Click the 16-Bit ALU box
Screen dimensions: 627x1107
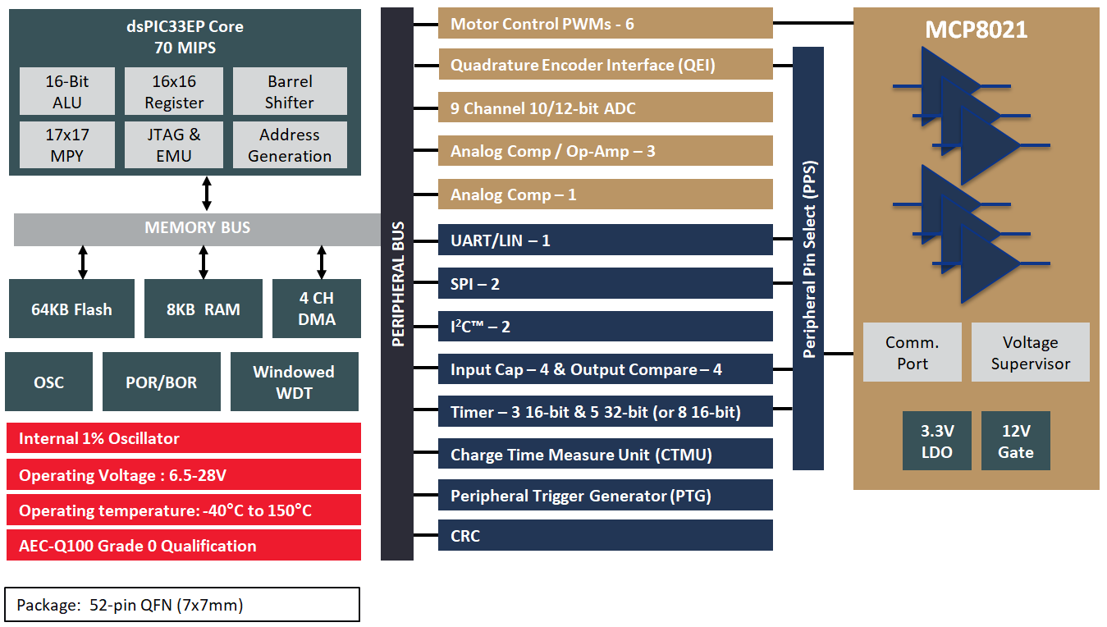(67, 91)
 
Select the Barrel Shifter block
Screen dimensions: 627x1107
(290, 91)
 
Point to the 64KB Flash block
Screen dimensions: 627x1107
(71, 309)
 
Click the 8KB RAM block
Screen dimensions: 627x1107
(204, 309)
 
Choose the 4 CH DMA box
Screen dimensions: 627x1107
(317, 309)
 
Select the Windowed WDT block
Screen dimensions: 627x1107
(294, 382)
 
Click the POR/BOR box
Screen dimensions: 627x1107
(161, 382)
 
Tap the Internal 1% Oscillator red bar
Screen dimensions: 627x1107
(184, 438)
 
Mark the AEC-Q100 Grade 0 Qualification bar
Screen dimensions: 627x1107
(184, 546)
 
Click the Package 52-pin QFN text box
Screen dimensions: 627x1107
(182, 605)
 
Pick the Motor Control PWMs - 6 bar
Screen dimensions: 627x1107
(605, 23)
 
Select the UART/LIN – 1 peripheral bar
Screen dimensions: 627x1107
(605, 240)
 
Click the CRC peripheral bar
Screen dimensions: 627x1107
(605, 535)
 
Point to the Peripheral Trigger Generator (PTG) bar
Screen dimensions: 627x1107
(605, 495)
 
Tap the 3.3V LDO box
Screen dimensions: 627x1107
(936, 441)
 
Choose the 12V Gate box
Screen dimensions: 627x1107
(1015, 441)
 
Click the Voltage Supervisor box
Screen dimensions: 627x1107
(1030, 352)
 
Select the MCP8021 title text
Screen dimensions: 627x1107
(976, 30)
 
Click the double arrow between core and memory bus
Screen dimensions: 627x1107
(207, 194)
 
